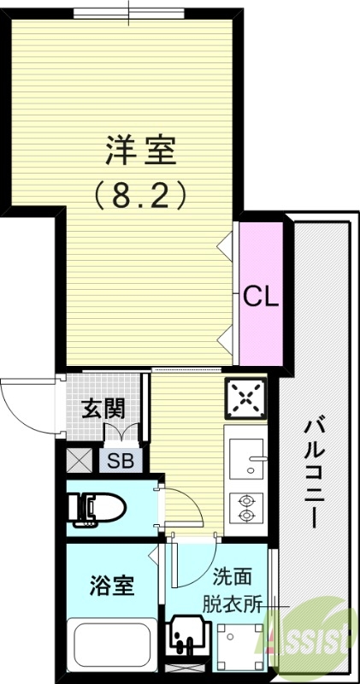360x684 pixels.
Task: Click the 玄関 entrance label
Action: [103, 408]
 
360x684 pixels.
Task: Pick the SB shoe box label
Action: [121, 462]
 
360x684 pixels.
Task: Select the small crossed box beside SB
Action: [80, 462]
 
